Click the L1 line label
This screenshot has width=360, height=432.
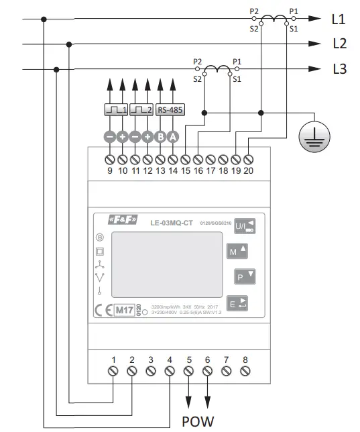pos(339,19)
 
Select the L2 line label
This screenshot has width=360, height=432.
pos(339,44)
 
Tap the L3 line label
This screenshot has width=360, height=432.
pos(339,69)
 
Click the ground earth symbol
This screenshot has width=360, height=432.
pos(310,136)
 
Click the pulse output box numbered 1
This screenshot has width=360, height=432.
pos(116,109)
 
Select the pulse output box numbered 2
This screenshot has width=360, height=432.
pos(141,109)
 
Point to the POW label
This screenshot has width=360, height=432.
pos(198,422)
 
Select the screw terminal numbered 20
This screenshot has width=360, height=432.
pos(249,160)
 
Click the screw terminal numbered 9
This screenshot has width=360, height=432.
pos(109,160)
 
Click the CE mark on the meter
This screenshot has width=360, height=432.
pos(102,311)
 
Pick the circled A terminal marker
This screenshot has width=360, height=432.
pos(173,136)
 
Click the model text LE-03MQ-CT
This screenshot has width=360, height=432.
pos(171,222)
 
